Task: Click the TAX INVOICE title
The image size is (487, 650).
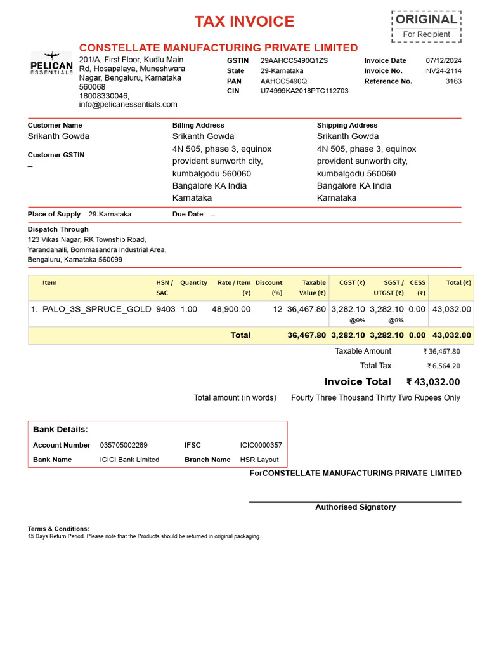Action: point(244,22)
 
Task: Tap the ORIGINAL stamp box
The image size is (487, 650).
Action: point(426,26)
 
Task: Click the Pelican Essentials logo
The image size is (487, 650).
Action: point(52,63)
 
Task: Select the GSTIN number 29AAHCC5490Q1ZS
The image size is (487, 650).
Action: point(294,60)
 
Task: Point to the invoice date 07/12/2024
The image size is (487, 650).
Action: point(444,60)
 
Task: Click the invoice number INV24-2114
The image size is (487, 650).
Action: point(443,70)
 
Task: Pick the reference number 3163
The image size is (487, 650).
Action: point(453,81)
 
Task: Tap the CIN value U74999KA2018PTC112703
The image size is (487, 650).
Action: point(304,91)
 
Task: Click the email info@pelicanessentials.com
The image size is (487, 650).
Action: point(128,104)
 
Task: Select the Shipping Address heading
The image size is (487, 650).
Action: point(347,125)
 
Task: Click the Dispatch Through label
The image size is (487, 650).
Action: point(58,229)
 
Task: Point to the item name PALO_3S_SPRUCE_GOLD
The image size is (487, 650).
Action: point(97,309)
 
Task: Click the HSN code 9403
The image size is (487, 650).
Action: point(166,309)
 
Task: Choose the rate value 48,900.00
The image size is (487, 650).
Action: point(231,309)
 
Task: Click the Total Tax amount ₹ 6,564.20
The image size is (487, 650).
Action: point(444,366)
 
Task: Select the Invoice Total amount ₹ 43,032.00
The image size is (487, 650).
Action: point(434,382)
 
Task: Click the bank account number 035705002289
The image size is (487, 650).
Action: point(124,445)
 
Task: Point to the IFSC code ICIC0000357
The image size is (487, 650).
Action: point(261,445)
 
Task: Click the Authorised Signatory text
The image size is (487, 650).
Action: point(355,507)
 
